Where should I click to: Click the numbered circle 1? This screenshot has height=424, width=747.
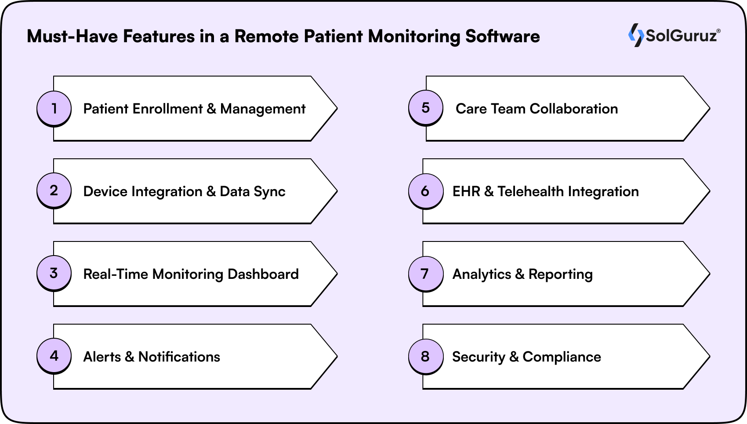pos(54,108)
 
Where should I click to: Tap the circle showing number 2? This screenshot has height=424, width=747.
pos(54,190)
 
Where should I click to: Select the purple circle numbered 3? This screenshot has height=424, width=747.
pos(54,273)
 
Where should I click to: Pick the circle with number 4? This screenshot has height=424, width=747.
pos(54,356)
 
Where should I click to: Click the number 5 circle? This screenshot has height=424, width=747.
pos(425,108)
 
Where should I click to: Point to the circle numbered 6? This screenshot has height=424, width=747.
pos(425,191)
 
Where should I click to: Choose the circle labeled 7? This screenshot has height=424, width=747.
pos(425,274)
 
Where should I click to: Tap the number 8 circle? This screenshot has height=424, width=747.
pos(425,356)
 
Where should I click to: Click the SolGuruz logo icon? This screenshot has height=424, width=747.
pos(635,35)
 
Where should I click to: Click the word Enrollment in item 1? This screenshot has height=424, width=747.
pos(167,109)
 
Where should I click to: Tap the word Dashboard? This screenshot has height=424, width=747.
pos(263,274)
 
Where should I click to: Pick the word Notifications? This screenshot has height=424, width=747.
pos(179,357)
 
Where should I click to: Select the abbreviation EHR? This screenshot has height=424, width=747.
pos(466,191)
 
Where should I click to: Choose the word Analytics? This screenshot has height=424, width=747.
pos(482,274)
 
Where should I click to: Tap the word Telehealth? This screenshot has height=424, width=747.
pos(530,191)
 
